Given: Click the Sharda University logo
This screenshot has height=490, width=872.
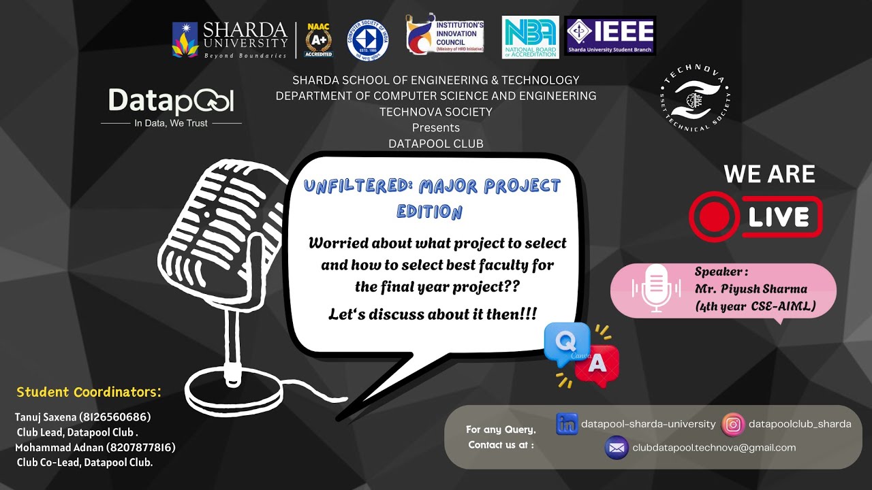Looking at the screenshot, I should pos(230,39).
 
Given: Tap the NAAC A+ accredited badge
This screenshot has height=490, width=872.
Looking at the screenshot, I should pos(318,39).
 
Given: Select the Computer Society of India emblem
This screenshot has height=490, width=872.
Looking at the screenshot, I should pos(368,39).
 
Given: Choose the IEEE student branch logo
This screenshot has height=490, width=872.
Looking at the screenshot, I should pos(610,35).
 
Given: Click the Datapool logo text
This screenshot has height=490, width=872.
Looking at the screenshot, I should pos(171,102).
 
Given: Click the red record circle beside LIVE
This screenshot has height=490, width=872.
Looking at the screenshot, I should pos(713,217).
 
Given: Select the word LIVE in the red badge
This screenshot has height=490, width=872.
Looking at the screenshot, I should pos(779,217).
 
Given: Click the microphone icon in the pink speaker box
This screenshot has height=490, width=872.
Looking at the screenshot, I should pos(655,289).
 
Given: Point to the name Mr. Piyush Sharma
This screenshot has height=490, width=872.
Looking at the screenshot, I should pos(751,289).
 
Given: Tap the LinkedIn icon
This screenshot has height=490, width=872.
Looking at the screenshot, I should pos(567,424).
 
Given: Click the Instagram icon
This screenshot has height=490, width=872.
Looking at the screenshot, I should pos(733,424).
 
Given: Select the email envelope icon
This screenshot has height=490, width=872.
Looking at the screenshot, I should pos(617,448).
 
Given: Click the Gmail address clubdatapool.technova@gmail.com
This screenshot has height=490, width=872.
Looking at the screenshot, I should pos(714,448).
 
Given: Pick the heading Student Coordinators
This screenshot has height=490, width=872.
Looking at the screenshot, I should pos(89,392).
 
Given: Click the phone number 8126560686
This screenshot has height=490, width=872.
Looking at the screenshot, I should pos(115,416).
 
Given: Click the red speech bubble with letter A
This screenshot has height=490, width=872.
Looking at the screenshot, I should pos(597,365).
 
